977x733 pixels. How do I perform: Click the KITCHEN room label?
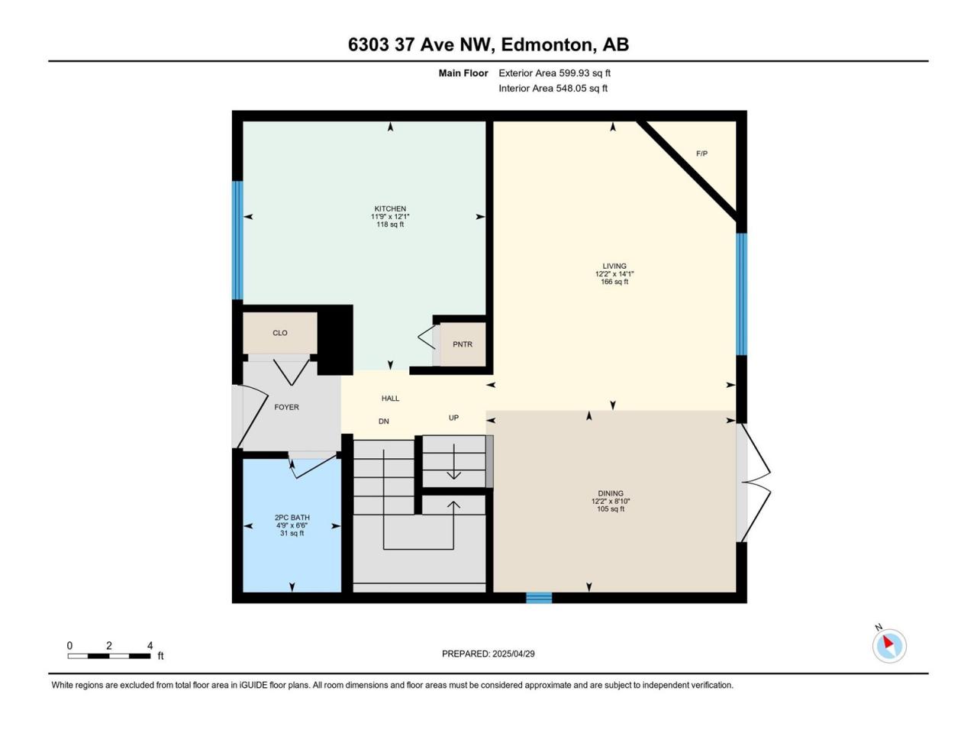pos(390,208)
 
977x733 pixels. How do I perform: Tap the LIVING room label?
pos(614,266)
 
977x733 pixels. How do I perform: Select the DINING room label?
pos(610,493)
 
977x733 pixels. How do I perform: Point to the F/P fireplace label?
pos(701,153)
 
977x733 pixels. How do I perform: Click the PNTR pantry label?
pos(463,344)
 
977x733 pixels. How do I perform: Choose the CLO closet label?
pos(280,333)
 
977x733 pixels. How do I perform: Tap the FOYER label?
pos(287,407)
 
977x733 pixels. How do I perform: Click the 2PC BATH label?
pos(292,518)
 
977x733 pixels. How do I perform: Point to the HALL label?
pos(390,399)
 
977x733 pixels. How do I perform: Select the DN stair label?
pos(384,421)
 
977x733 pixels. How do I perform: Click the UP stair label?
pos(453,418)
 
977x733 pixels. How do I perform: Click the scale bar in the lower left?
pos(109,656)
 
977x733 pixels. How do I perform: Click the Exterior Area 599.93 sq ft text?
pos(555,73)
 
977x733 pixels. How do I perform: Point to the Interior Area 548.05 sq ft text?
pos(553,88)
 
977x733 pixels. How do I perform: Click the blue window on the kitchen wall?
pos(238,241)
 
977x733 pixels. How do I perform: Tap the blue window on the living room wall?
pos(741,294)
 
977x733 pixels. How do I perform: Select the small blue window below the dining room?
pos(539,598)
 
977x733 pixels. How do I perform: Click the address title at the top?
pos(488,44)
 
